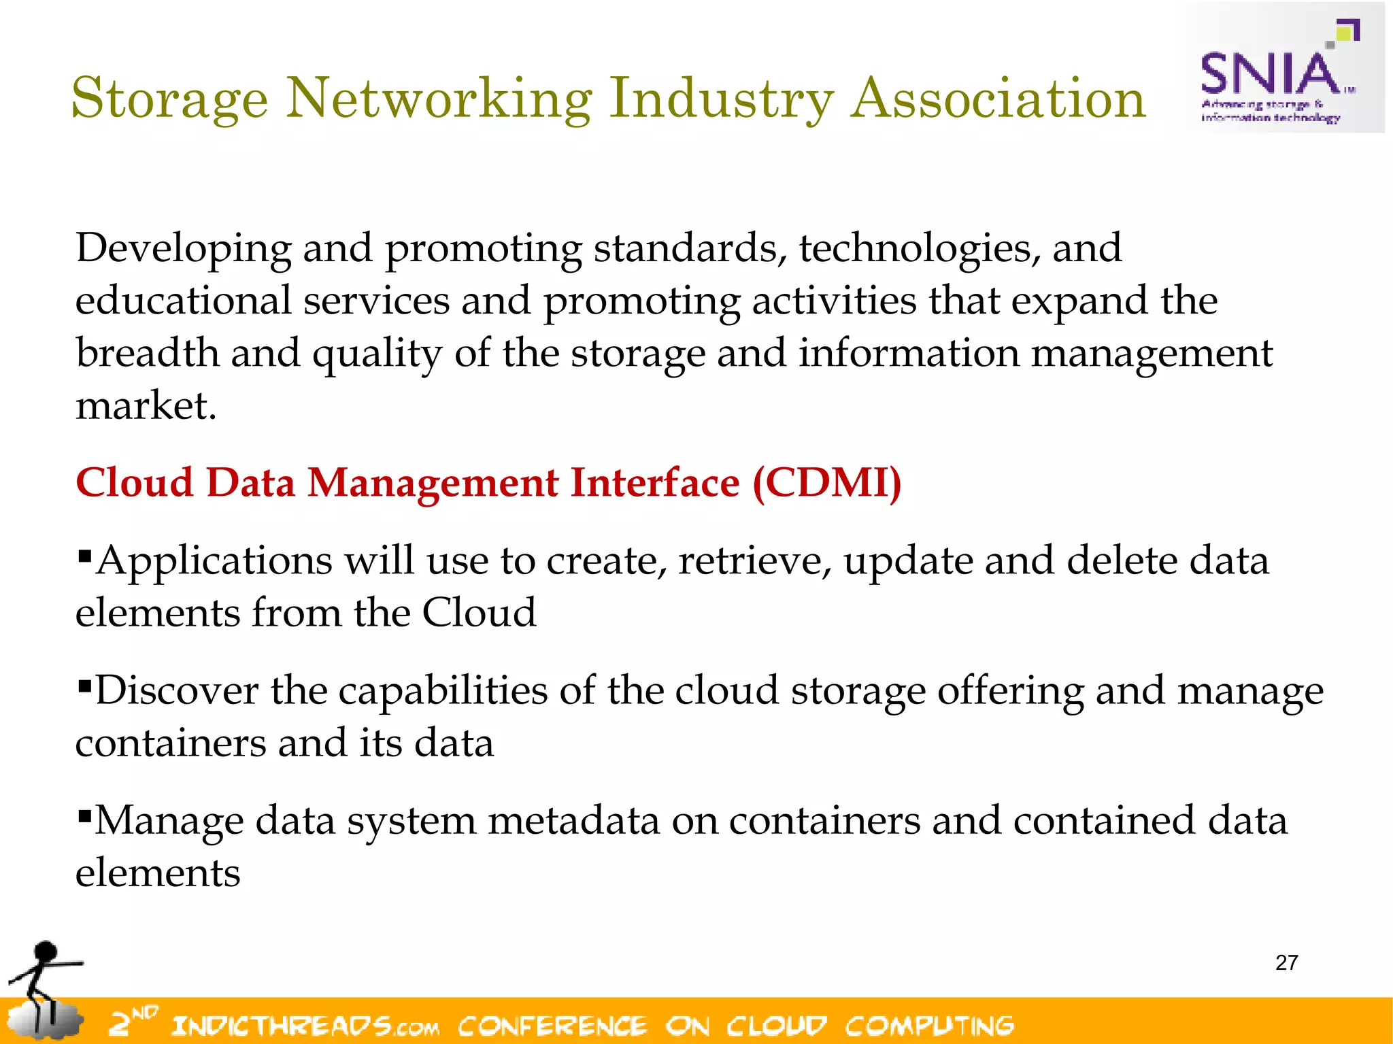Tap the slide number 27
point(1286,962)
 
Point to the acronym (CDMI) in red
point(826,483)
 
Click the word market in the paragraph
point(145,406)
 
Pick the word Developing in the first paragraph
point(184,249)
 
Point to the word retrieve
point(754,561)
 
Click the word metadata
point(573,820)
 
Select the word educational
point(184,301)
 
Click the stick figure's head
point(46,950)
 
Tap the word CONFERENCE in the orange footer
point(552,1025)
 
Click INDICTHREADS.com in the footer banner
point(305,1025)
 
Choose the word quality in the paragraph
point(377,354)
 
